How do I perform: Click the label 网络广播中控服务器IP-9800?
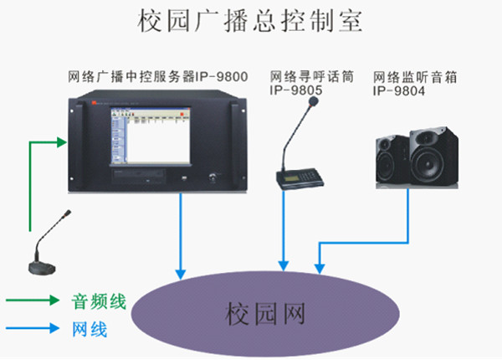(158, 76)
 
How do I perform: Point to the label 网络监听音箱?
(412, 76)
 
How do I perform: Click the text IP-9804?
(399, 90)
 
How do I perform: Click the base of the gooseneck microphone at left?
(43, 266)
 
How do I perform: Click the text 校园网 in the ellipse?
(264, 314)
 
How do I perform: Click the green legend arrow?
(33, 300)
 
